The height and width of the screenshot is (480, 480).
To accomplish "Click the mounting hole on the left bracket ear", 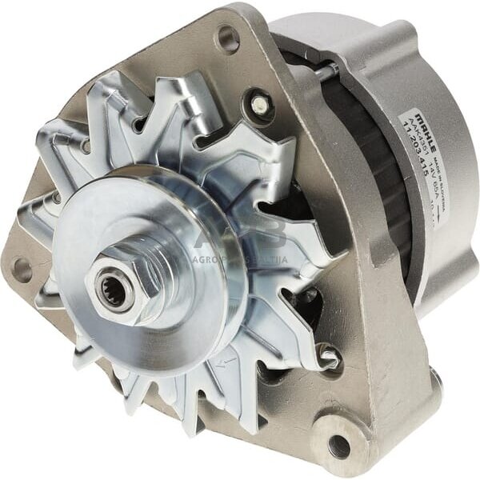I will coord(22,270).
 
